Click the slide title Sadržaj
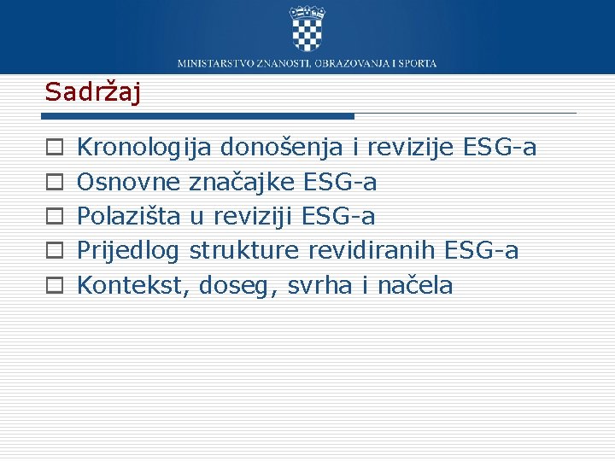(92, 91)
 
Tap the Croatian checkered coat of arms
(307, 29)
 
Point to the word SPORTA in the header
(418, 63)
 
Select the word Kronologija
(144, 149)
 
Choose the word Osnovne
(128, 183)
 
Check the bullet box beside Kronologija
(53, 149)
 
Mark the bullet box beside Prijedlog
(53, 251)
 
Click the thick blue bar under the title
(199, 115)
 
